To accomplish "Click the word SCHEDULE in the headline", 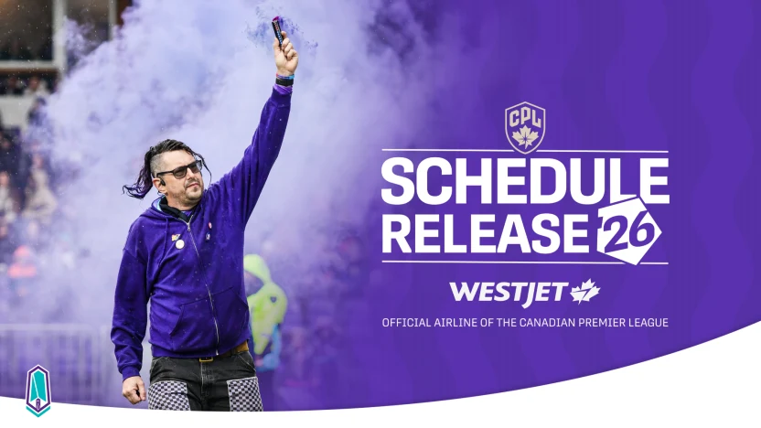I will tap(524, 181).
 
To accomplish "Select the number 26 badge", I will tap(629, 230).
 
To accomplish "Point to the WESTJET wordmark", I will tap(507, 293).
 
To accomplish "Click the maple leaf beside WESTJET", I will tap(585, 292).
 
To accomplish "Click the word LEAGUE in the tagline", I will tap(645, 323).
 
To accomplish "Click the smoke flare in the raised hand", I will tap(277, 29).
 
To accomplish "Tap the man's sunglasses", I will tap(178, 169).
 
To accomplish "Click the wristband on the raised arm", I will tap(284, 80).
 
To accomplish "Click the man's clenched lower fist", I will tap(134, 389).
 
